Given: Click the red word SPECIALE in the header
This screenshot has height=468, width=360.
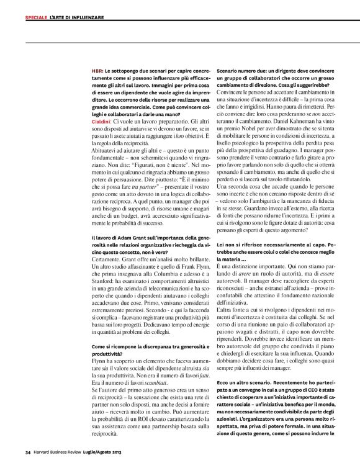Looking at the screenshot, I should tap(35, 17).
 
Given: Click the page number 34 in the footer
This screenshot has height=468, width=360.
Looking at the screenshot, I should tap(28, 451).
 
